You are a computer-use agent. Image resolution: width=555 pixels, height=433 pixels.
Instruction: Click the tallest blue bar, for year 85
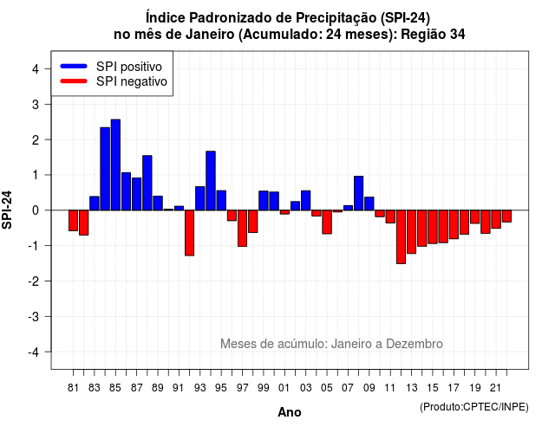[115, 165]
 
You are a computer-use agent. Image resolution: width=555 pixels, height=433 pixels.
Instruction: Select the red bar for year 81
[73, 221]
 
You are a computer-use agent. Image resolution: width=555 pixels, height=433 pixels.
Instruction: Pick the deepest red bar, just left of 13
[401, 236]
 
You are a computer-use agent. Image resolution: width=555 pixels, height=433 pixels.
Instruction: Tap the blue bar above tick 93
[200, 198]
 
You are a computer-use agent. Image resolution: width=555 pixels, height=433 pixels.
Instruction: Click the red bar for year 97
[243, 229]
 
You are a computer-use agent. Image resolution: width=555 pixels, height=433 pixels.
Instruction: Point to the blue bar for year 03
[306, 200]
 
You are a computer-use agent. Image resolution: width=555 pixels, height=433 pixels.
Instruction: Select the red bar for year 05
[327, 222]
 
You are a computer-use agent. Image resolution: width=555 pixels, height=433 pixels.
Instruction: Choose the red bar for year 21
[496, 219]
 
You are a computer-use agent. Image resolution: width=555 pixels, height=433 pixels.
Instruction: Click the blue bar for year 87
[137, 194]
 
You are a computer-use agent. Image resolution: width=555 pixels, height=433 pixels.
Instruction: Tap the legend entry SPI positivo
[129, 67]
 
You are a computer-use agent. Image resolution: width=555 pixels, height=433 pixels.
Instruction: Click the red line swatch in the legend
[74, 81]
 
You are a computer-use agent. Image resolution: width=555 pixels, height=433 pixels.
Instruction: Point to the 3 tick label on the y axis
[35, 104]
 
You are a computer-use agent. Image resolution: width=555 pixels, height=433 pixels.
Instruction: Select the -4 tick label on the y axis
[34, 352]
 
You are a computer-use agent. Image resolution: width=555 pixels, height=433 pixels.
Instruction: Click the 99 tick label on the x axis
[264, 388]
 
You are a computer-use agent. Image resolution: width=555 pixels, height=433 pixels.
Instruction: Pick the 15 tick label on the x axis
[433, 388]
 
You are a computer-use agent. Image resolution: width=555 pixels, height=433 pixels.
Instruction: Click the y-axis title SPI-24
[7, 210]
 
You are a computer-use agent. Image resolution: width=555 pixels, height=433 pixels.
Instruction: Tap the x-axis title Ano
[290, 412]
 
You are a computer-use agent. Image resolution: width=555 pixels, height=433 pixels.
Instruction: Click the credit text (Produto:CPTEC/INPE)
[474, 407]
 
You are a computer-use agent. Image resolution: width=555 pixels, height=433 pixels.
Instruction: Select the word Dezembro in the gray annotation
[415, 344]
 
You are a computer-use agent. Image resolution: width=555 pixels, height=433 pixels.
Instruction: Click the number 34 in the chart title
[458, 35]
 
